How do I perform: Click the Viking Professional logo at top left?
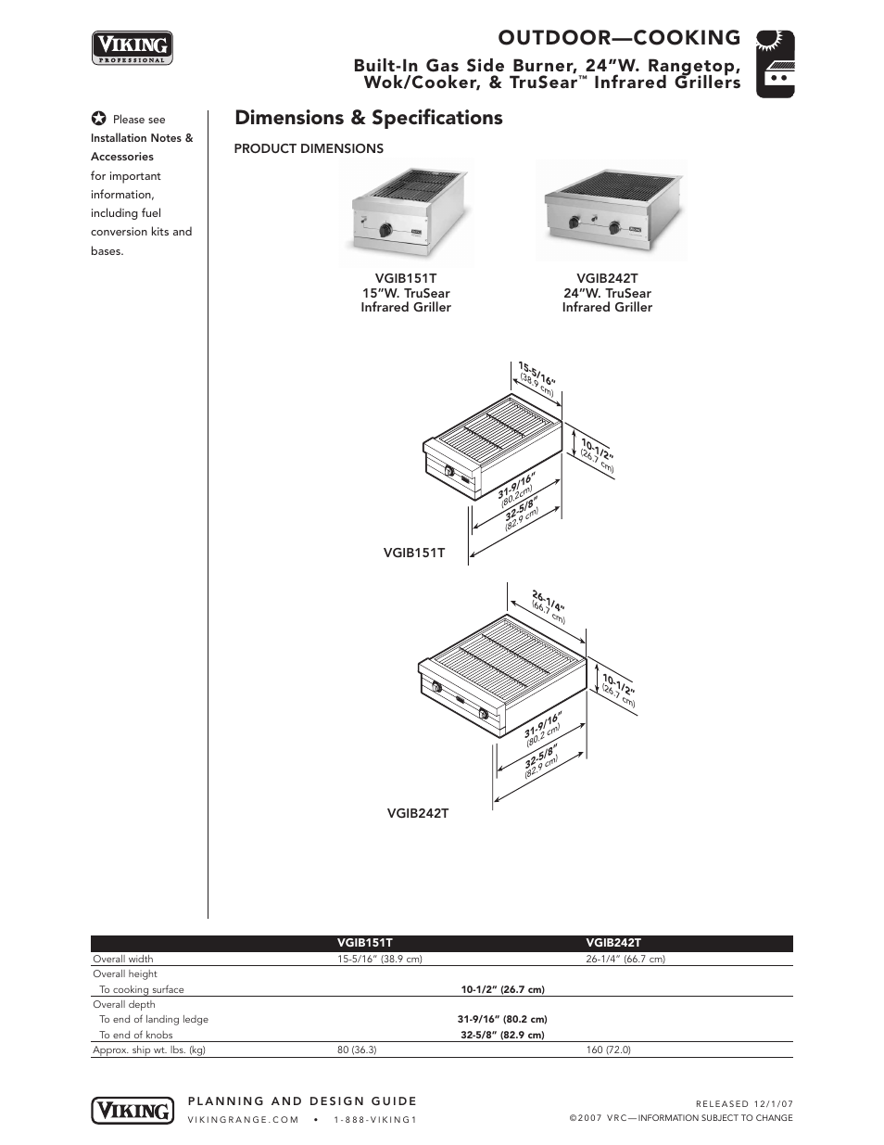133,48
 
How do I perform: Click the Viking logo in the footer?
133,1110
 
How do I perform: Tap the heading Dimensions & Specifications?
369,118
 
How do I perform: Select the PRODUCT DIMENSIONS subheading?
309,148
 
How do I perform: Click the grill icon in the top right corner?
776,64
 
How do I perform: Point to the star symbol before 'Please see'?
98,120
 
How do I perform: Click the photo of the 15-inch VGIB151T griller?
406,212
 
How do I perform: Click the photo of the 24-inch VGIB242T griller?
611,210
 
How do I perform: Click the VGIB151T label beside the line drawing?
414,553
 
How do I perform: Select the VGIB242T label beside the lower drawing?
418,813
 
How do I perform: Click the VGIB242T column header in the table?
612,943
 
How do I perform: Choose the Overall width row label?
123,959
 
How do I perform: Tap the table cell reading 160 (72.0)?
608,1050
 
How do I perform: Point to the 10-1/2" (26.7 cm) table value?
502,989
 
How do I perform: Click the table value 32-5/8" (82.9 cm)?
502,1035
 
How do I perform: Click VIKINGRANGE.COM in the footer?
243,1120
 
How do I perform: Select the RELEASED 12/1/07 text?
744,1103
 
